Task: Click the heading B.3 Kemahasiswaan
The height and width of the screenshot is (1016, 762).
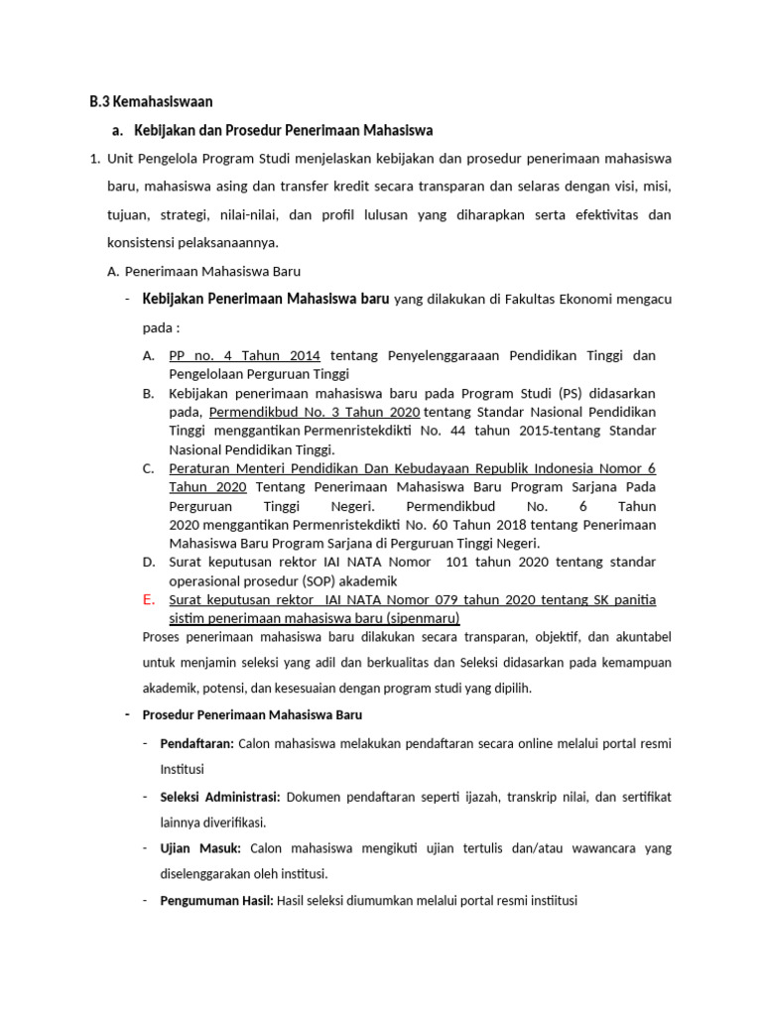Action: [x=151, y=101]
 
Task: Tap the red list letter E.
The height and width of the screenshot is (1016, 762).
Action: [x=149, y=599]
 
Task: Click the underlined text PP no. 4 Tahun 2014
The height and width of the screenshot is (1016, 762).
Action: [x=245, y=355]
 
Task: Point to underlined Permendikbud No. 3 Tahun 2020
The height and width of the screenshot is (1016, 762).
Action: [x=314, y=412]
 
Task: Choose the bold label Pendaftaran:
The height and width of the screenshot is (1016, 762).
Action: [x=196, y=742]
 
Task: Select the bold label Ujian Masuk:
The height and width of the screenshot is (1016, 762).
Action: [x=201, y=848]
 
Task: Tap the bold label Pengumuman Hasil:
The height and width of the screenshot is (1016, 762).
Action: [x=216, y=901]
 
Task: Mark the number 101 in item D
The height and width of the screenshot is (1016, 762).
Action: [x=457, y=562]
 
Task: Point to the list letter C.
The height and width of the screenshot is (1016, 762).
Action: [x=149, y=468]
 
